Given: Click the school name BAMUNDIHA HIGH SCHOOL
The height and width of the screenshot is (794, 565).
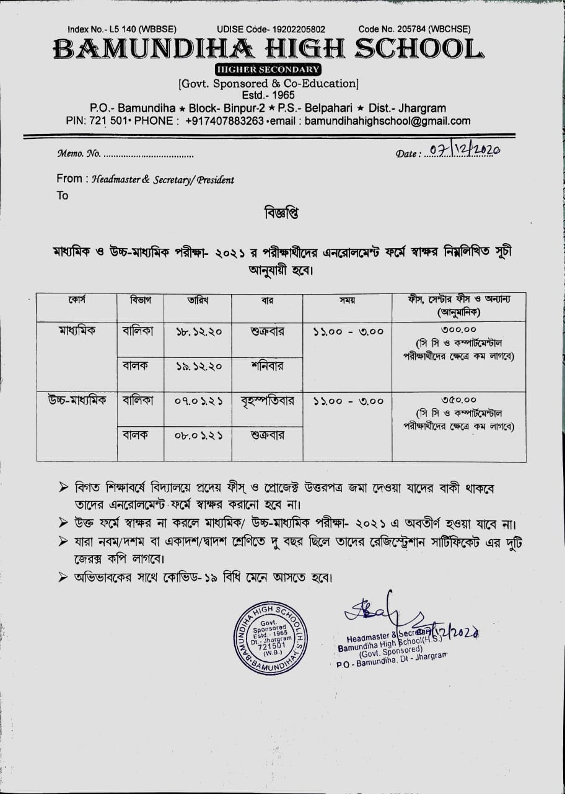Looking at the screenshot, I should click(267, 50).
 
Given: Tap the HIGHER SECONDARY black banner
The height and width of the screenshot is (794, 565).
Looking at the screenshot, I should click(268, 69).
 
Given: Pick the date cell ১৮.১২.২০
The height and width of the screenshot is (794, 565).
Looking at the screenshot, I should click(199, 332).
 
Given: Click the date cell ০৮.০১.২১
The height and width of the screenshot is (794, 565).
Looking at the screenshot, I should click(199, 435).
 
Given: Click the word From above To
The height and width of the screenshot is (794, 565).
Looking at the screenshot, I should click(69, 179).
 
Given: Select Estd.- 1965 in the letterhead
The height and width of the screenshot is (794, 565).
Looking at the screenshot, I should click(268, 96).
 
